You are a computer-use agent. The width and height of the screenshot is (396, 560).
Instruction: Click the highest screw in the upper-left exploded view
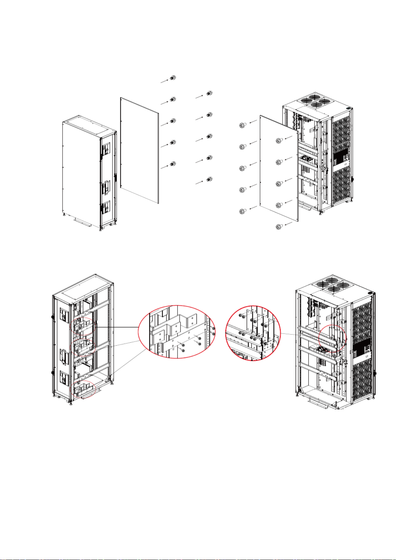coord(172,78)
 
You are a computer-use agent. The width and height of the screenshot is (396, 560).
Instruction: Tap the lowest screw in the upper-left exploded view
coord(209,179)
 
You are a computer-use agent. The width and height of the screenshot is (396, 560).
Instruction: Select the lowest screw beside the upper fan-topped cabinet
coord(279,227)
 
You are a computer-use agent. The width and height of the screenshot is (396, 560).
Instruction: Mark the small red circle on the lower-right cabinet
coord(332,338)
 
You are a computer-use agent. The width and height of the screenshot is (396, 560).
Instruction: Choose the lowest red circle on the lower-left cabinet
coord(83,389)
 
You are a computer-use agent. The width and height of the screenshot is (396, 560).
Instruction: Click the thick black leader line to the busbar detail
coord(116,327)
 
